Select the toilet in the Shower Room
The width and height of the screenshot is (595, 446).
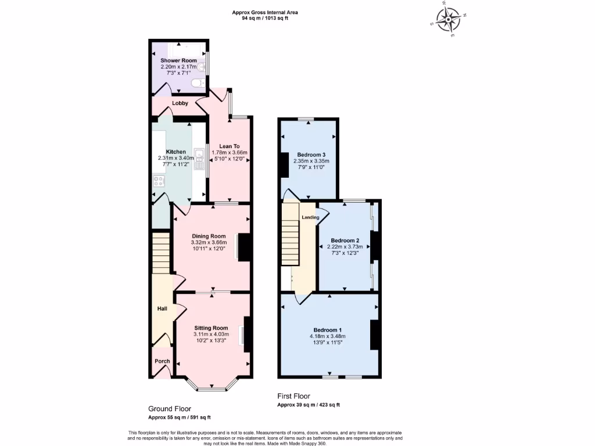point(199,83)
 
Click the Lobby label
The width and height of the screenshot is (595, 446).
point(180,103)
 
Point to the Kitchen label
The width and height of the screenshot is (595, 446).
point(176,152)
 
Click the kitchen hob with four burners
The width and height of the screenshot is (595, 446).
point(159,181)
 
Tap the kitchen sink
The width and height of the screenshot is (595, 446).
point(199,155)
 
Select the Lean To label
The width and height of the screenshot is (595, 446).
point(229,146)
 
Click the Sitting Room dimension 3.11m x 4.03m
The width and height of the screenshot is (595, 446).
point(212,334)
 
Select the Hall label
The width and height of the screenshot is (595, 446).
point(163,309)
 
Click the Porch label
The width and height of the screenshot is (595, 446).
point(162,361)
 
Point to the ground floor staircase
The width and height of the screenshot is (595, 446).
point(160,253)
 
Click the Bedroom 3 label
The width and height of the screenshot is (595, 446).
point(308,154)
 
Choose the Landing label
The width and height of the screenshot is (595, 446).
point(310,217)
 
